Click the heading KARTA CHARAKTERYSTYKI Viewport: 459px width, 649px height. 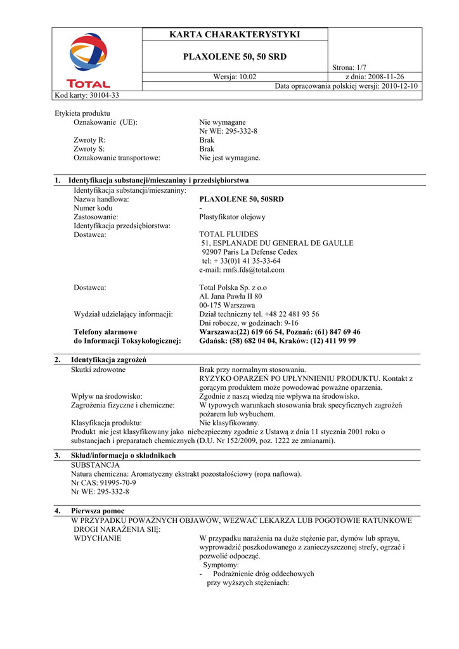point(235,34)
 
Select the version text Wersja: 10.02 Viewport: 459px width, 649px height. point(235,77)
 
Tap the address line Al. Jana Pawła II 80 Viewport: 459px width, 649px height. point(231,296)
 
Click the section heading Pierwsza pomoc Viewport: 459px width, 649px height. point(98,510)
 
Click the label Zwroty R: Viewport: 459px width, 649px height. point(89,139)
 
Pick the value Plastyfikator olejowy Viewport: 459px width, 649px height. point(232,217)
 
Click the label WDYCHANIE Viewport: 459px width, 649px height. point(98,538)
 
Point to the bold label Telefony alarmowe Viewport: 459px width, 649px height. point(105,331)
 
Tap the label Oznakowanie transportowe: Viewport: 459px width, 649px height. point(117,157)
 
